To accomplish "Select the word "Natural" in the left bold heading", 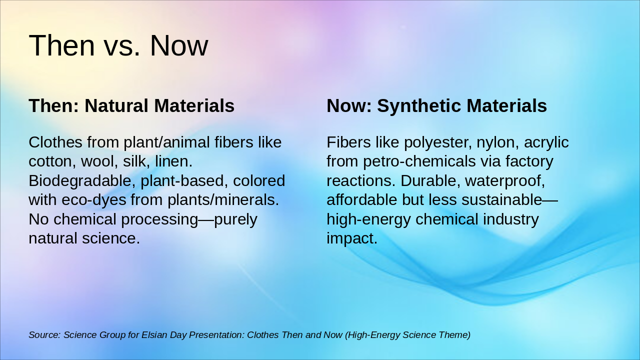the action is (x=117, y=105).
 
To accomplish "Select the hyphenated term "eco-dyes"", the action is (x=94, y=200).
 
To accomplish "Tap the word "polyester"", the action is (x=437, y=142).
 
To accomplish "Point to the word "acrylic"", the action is (x=546, y=142).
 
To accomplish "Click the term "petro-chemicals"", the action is (x=419, y=161).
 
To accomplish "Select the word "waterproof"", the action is (x=505, y=181).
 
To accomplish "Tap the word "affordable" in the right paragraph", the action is (x=362, y=199).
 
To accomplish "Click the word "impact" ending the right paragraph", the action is (x=352, y=238).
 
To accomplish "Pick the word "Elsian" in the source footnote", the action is (x=154, y=335).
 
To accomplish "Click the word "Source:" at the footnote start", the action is (x=45, y=335).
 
